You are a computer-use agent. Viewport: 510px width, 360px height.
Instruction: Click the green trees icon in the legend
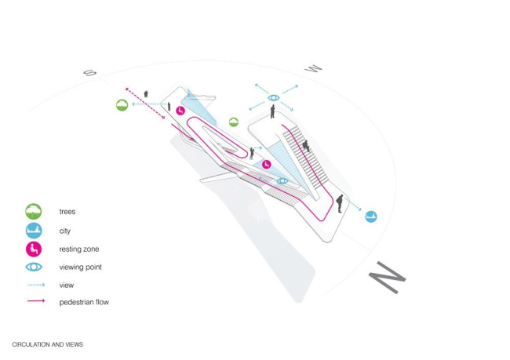[x=34, y=212]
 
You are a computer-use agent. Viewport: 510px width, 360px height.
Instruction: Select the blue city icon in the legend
[x=34, y=231]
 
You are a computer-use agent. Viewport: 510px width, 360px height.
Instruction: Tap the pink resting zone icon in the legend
[x=34, y=249]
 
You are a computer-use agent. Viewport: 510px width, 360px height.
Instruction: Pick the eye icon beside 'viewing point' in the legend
[x=34, y=267]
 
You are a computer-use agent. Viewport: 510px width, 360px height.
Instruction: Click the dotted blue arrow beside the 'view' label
[x=35, y=285]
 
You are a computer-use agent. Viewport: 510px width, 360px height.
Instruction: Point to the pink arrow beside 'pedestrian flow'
[x=35, y=302]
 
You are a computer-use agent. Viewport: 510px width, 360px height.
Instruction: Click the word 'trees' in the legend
[x=67, y=212]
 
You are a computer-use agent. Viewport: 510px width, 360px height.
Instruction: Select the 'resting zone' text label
[x=79, y=249]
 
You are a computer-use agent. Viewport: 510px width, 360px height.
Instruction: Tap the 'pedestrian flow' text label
[x=84, y=302]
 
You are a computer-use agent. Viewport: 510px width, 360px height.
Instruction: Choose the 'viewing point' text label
[x=81, y=267]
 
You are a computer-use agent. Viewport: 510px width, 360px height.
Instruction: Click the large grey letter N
[x=388, y=278]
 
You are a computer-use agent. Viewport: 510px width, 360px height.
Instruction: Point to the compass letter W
[x=314, y=69]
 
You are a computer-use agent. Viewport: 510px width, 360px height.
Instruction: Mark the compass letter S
[x=89, y=74]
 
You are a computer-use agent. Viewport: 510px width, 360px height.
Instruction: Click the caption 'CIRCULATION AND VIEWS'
[x=47, y=344]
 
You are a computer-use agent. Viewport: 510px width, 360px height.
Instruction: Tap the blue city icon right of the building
[x=371, y=216]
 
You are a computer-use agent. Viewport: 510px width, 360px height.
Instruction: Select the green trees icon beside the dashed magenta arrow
[x=122, y=104]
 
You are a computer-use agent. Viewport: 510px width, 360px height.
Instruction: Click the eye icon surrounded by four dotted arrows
[x=273, y=98]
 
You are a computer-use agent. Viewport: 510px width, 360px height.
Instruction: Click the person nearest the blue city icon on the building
[x=340, y=203]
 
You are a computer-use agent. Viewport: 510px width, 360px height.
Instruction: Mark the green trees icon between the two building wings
[x=234, y=122]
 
